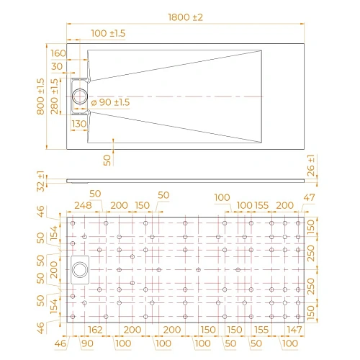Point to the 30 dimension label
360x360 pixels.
[58, 67]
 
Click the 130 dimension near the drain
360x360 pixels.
[79, 124]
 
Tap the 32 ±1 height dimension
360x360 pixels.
[41, 181]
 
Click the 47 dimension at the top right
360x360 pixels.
[310, 197]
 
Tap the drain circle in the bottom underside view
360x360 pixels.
[80, 269]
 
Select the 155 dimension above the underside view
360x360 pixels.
[261, 206]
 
